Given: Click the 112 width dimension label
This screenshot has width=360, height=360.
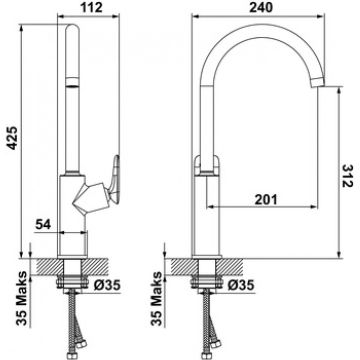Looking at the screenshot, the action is point(91,7).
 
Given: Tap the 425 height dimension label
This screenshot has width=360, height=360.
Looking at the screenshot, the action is point(12,138).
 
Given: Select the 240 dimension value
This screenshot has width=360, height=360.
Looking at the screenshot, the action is point(261,7).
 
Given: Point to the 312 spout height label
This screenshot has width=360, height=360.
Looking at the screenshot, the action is point(347,176).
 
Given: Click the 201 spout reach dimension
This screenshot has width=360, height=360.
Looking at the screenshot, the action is point(266,199).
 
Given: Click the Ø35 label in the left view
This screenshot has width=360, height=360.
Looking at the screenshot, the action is point(107,285).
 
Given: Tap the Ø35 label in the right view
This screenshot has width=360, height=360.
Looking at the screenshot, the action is point(241,285).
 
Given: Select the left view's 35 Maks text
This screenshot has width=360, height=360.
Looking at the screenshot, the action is point(21,298).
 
